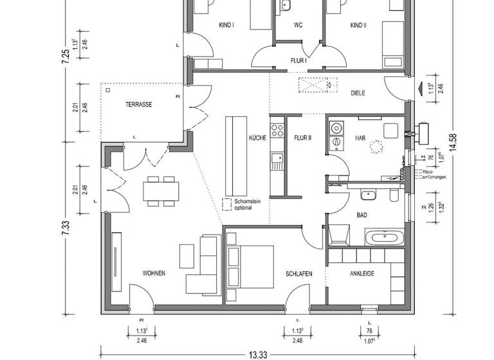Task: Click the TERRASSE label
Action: (x=138, y=104)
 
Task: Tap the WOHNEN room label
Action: (x=154, y=273)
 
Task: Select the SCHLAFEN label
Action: (x=299, y=274)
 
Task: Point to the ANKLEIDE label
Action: (x=361, y=273)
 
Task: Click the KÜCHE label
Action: (x=257, y=138)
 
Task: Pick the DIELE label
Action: (x=358, y=93)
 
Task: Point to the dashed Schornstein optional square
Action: (x=227, y=204)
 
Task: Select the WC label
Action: (x=298, y=25)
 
